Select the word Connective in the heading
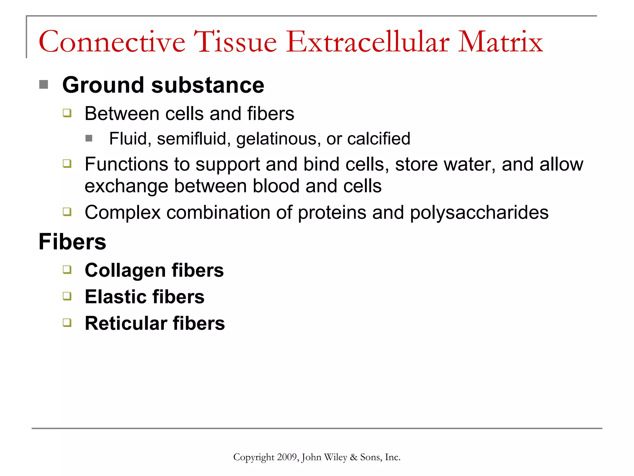[112, 42]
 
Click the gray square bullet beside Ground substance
[44, 84]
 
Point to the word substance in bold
[207, 85]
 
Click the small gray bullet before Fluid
[89, 138]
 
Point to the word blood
[276, 186]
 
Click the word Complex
[123, 213]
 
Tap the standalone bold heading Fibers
[72, 242]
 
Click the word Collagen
[125, 271]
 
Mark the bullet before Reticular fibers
[67, 323]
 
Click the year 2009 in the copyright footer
[287, 457]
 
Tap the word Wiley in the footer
[335, 457]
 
